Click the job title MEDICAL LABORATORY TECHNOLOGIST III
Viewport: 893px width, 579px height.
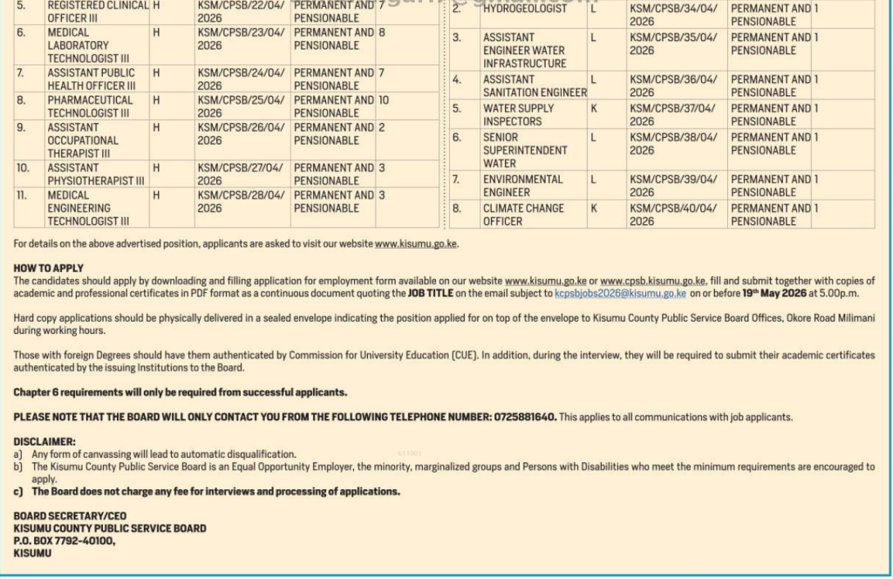[78, 45]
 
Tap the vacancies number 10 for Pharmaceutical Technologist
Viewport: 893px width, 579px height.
[383, 100]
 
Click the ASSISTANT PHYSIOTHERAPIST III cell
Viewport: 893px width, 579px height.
[96, 174]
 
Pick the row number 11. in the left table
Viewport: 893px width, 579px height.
[24, 195]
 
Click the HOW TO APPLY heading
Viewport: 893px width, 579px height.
[49, 269]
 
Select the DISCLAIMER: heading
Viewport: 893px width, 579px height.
[44, 442]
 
